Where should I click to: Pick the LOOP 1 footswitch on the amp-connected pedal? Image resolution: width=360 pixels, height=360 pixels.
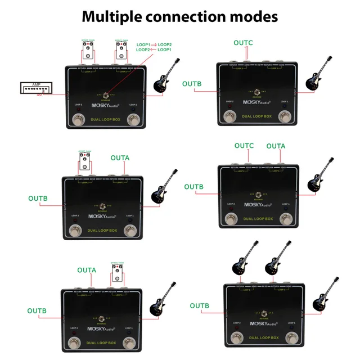133,119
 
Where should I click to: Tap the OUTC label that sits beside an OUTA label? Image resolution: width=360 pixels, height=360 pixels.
244,146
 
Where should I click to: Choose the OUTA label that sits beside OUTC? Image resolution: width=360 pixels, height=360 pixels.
276,146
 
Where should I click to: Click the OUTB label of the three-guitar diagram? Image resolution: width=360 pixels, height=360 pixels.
199,306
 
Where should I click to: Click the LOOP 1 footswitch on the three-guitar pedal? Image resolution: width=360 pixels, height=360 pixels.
292,337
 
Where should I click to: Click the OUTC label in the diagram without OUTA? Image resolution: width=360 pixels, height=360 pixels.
243,43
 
